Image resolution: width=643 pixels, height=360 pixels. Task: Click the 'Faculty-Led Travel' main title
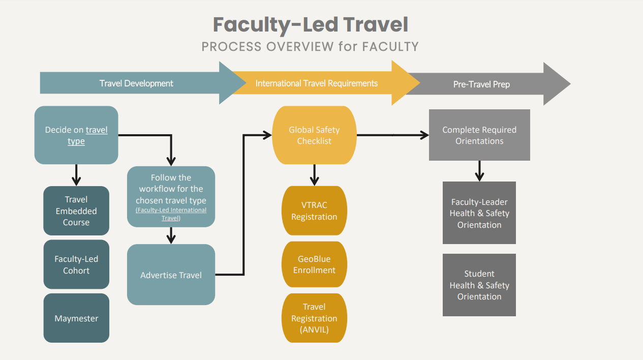click(310, 24)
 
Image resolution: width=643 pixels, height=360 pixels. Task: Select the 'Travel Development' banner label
click(136, 83)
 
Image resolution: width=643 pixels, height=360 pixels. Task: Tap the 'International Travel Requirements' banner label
click(316, 83)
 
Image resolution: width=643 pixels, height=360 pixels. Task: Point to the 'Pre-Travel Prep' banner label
click(481, 84)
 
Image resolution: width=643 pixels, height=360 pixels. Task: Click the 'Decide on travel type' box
click(76, 135)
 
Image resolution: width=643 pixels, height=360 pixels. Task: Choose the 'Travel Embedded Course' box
click(76, 211)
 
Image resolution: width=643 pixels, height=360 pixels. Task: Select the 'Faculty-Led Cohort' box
click(76, 264)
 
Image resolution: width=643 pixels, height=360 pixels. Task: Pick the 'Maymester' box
click(76, 318)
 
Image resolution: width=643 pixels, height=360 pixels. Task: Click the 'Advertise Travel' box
click(171, 275)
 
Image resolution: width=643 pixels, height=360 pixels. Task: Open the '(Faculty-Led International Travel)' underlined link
click(171, 214)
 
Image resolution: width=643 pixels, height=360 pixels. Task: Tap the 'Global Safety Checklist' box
click(314, 135)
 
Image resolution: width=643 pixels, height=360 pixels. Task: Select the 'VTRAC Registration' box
click(314, 211)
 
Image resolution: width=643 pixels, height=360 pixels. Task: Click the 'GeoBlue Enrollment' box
click(314, 264)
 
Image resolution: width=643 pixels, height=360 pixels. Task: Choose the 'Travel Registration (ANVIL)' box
click(314, 318)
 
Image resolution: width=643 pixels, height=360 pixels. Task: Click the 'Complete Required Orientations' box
click(479, 135)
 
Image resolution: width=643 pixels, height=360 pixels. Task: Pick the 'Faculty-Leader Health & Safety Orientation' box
click(479, 213)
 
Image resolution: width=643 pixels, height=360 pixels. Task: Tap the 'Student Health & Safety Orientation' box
click(479, 285)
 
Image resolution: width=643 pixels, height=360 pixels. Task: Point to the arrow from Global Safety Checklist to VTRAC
click(314, 174)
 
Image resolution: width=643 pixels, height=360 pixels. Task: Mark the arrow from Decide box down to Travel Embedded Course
click(76, 174)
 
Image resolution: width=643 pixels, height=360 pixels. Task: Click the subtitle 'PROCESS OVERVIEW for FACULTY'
click(310, 47)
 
